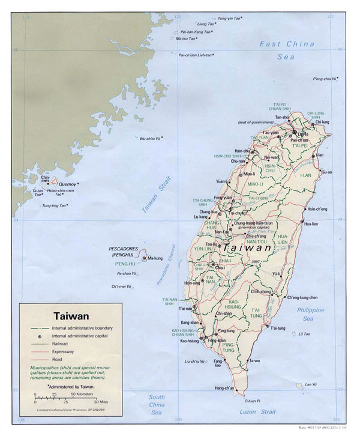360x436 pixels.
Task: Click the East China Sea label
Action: [287, 50]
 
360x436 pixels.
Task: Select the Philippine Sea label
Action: [311, 314]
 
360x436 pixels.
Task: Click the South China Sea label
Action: [157, 405]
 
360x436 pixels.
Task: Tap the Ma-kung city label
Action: [155, 258]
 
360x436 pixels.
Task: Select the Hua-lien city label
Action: [311, 223]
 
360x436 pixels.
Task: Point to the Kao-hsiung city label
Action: [189, 341]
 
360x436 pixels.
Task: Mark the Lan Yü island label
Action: [310, 384]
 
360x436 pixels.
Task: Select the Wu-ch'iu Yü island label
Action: [151, 139]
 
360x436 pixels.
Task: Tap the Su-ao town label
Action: [326, 172]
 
